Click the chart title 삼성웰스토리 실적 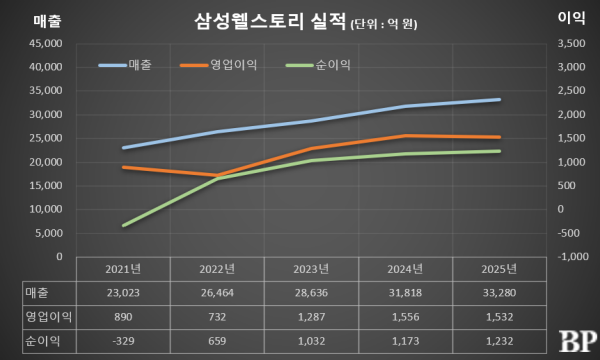270,21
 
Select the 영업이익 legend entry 218,65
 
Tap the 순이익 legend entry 318,65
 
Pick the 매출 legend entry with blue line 125,65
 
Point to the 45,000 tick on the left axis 46,43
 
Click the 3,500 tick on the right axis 571,43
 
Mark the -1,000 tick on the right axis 573,256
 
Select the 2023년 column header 311,269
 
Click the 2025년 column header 499,269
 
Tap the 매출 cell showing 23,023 123,293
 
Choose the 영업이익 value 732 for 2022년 217,317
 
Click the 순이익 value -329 123,341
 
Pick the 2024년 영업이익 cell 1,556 405,317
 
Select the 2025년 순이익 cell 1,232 499,341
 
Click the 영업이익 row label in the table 49,317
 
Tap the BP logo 578,341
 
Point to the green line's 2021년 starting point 123,225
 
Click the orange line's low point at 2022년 217,175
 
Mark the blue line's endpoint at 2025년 499,100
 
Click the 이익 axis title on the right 571,18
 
